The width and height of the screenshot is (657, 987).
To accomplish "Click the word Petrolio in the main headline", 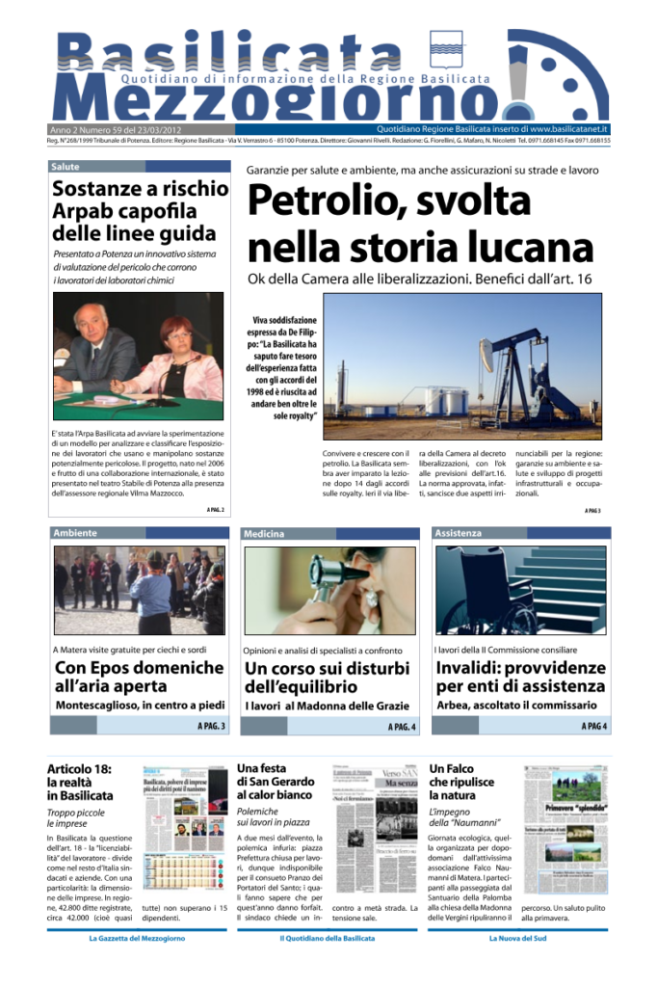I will click(317, 200).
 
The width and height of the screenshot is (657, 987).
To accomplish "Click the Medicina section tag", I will click(266, 533).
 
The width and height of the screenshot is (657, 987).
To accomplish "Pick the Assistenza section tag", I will click(459, 532).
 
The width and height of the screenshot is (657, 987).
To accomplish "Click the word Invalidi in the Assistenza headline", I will click(473, 668).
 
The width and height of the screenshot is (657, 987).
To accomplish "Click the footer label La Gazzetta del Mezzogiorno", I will click(137, 937).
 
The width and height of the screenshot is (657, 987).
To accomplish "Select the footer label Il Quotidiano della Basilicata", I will click(328, 937).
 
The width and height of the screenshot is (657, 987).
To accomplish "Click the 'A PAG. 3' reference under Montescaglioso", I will click(211, 725).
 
